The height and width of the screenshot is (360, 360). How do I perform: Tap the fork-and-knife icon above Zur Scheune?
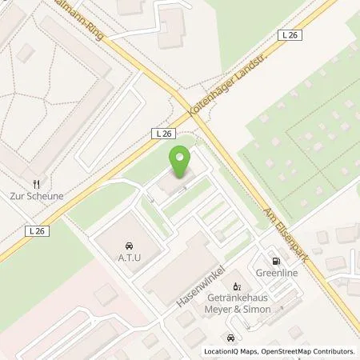click(x=36, y=182)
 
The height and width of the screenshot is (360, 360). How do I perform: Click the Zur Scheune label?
click(x=36, y=195)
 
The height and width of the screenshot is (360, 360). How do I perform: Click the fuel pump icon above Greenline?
click(x=277, y=260)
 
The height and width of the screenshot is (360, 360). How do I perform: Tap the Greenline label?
click(x=277, y=272)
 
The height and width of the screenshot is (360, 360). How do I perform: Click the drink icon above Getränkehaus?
click(x=236, y=286)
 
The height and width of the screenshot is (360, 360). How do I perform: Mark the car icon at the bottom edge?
click(x=230, y=338)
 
